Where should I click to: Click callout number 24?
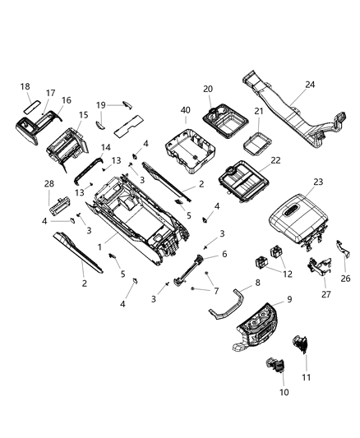click(309, 83)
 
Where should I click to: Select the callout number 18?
click(25, 86)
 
